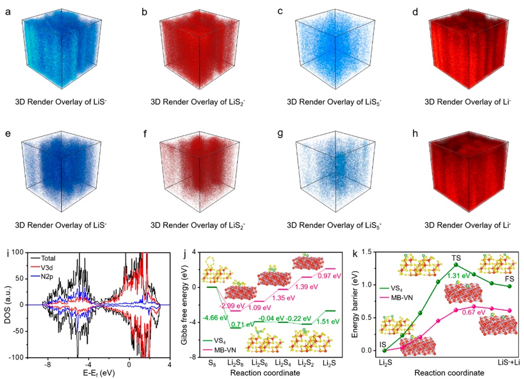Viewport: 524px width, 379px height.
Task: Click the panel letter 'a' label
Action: tap(8, 10)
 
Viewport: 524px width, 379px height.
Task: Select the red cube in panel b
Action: tap(190, 51)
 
